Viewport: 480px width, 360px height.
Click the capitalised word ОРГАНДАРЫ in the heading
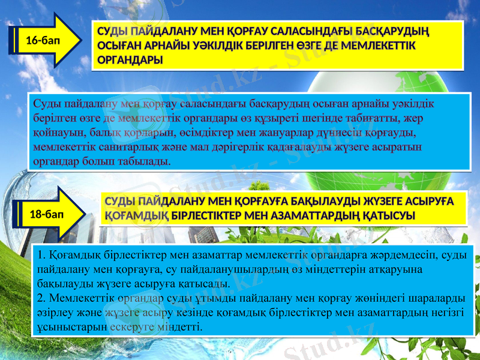coord(129,60)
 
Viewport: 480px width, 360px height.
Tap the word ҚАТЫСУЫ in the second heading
coord(390,215)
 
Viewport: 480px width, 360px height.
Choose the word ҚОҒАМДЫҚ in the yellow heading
coord(136,215)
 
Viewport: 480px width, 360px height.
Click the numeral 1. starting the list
coord(41,255)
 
